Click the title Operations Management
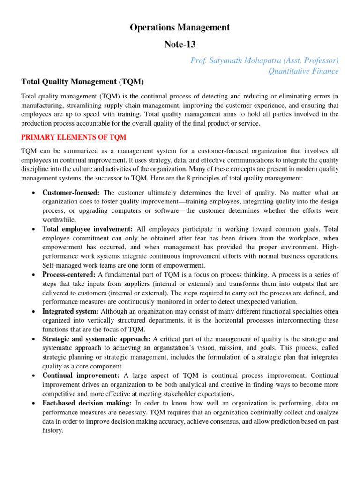pyautogui.click(x=180, y=28)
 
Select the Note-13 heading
pyautogui.click(x=180, y=45)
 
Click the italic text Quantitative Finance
pyautogui.click(x=303, y=71)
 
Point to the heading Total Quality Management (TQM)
pyautogui.click(x=82, y=82)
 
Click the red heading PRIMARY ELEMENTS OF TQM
pyautogui.click(x=74, y=137)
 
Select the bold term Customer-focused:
pyautogui.click(x=71, y=193)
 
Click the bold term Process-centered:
pyautogui.click(x=69, y=275)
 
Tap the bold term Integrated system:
pyautogui.click(x=70, y=311)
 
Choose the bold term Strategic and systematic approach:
pyautogui.click(x=96, y=339)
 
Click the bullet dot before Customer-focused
pyautogui.click(x=33, y=193)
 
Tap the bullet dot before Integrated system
pyautogui.click(x=33, y=312)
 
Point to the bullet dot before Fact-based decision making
pyautogui.click(x=33, y=404)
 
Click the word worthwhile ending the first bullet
pyautogui.click(x=59, y=220)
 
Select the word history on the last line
pyautogui.click(x=52, y=430)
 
